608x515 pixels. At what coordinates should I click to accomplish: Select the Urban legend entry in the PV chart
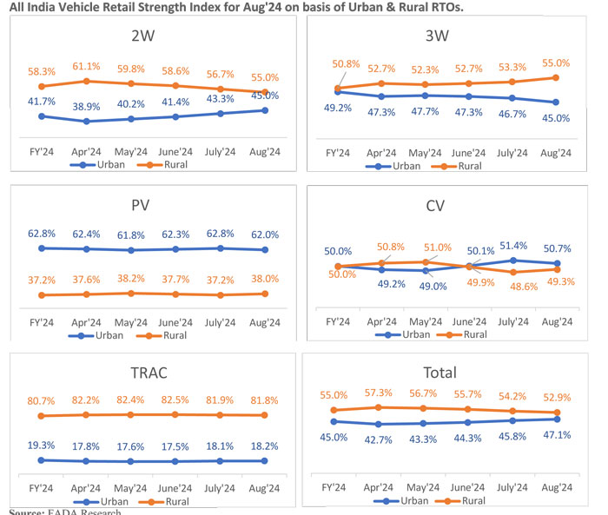pos(102,335)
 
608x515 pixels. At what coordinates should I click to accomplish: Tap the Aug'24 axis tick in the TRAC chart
pos(264,489)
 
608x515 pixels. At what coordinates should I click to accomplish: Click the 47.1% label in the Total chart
pos(557,434)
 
